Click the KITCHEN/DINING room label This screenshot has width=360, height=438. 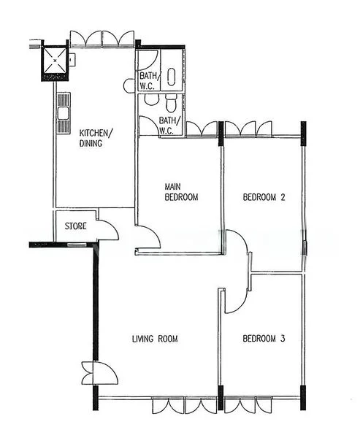pos(96,138)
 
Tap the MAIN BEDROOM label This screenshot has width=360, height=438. pos(181,192)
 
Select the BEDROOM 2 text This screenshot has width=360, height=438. pos(264,198)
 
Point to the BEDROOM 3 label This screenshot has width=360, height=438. pos(264,339)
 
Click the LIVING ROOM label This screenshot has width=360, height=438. pos(155,339)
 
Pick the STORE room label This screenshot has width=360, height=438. pos(75,226)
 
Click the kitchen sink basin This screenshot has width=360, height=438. pos(64,113)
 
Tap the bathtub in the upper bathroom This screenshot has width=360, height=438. pos(172,77)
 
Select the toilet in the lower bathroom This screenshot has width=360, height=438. pos(171,102)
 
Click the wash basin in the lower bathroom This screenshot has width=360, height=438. pos(151,99)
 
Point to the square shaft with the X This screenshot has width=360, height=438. pos(55,61)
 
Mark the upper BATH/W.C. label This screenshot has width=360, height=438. pos(150,81)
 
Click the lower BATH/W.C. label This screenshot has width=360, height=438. pos(169,126)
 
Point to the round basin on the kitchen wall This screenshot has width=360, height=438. pos(129,85)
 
